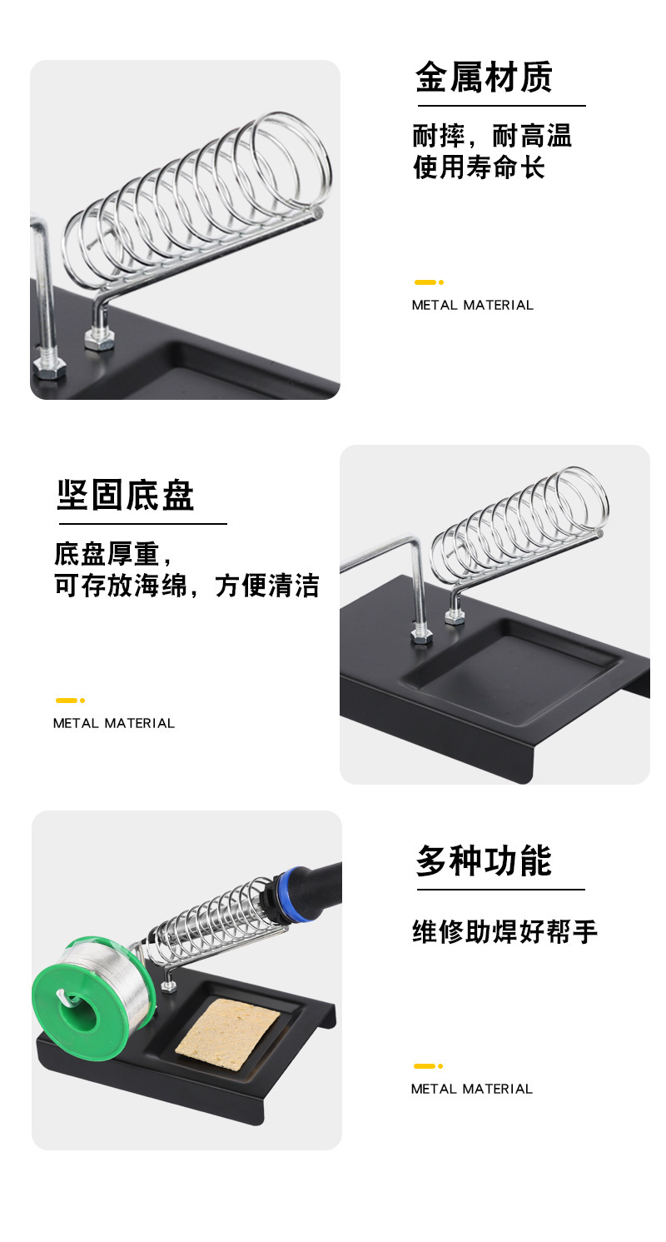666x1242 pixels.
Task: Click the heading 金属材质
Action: [484, 77]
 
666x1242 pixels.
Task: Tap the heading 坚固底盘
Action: [126, 496]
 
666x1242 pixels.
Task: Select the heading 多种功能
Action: [484, 861]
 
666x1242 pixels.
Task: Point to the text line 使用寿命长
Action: [479, 167]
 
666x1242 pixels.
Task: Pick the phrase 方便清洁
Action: [267, 586]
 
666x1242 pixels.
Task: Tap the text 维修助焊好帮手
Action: [504, 931]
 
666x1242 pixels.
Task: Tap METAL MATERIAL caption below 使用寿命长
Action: [472, 305]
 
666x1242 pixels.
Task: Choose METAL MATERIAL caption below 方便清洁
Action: [114, 723]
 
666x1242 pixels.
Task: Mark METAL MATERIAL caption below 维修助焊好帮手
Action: [471, 1089]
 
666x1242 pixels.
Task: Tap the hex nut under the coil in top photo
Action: [98, 340]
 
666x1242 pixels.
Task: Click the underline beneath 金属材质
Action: [501, 106]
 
